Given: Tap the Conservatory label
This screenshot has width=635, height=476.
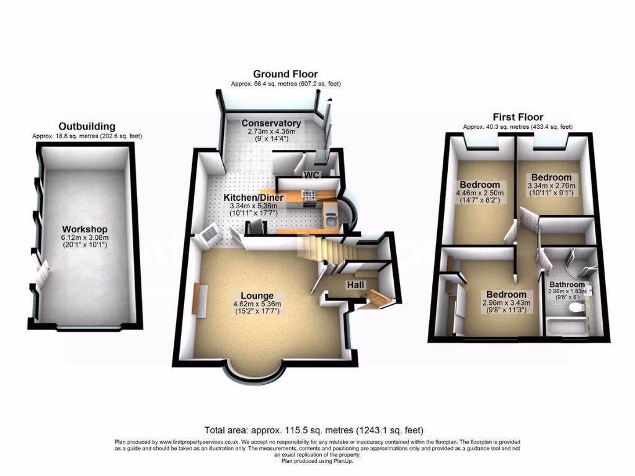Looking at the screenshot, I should [271, 123].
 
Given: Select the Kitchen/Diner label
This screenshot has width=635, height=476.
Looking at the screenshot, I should [254, 198].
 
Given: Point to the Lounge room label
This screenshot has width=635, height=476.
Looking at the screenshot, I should [257, 296].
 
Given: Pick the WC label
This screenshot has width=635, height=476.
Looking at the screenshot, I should [311, 175].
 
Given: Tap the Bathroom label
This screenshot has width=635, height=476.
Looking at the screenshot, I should [566, 284].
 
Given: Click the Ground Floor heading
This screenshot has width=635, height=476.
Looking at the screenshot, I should [285, 74].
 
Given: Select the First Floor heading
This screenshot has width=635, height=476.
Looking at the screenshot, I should [518, 117].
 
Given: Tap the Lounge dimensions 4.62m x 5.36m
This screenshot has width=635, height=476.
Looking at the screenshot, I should [257, 304].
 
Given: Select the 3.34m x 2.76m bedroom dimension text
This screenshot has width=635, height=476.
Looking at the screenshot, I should [551, 186].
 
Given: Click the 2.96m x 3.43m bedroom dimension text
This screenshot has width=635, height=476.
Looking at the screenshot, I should [505, 303].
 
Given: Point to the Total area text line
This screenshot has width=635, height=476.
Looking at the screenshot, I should [314, 430].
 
